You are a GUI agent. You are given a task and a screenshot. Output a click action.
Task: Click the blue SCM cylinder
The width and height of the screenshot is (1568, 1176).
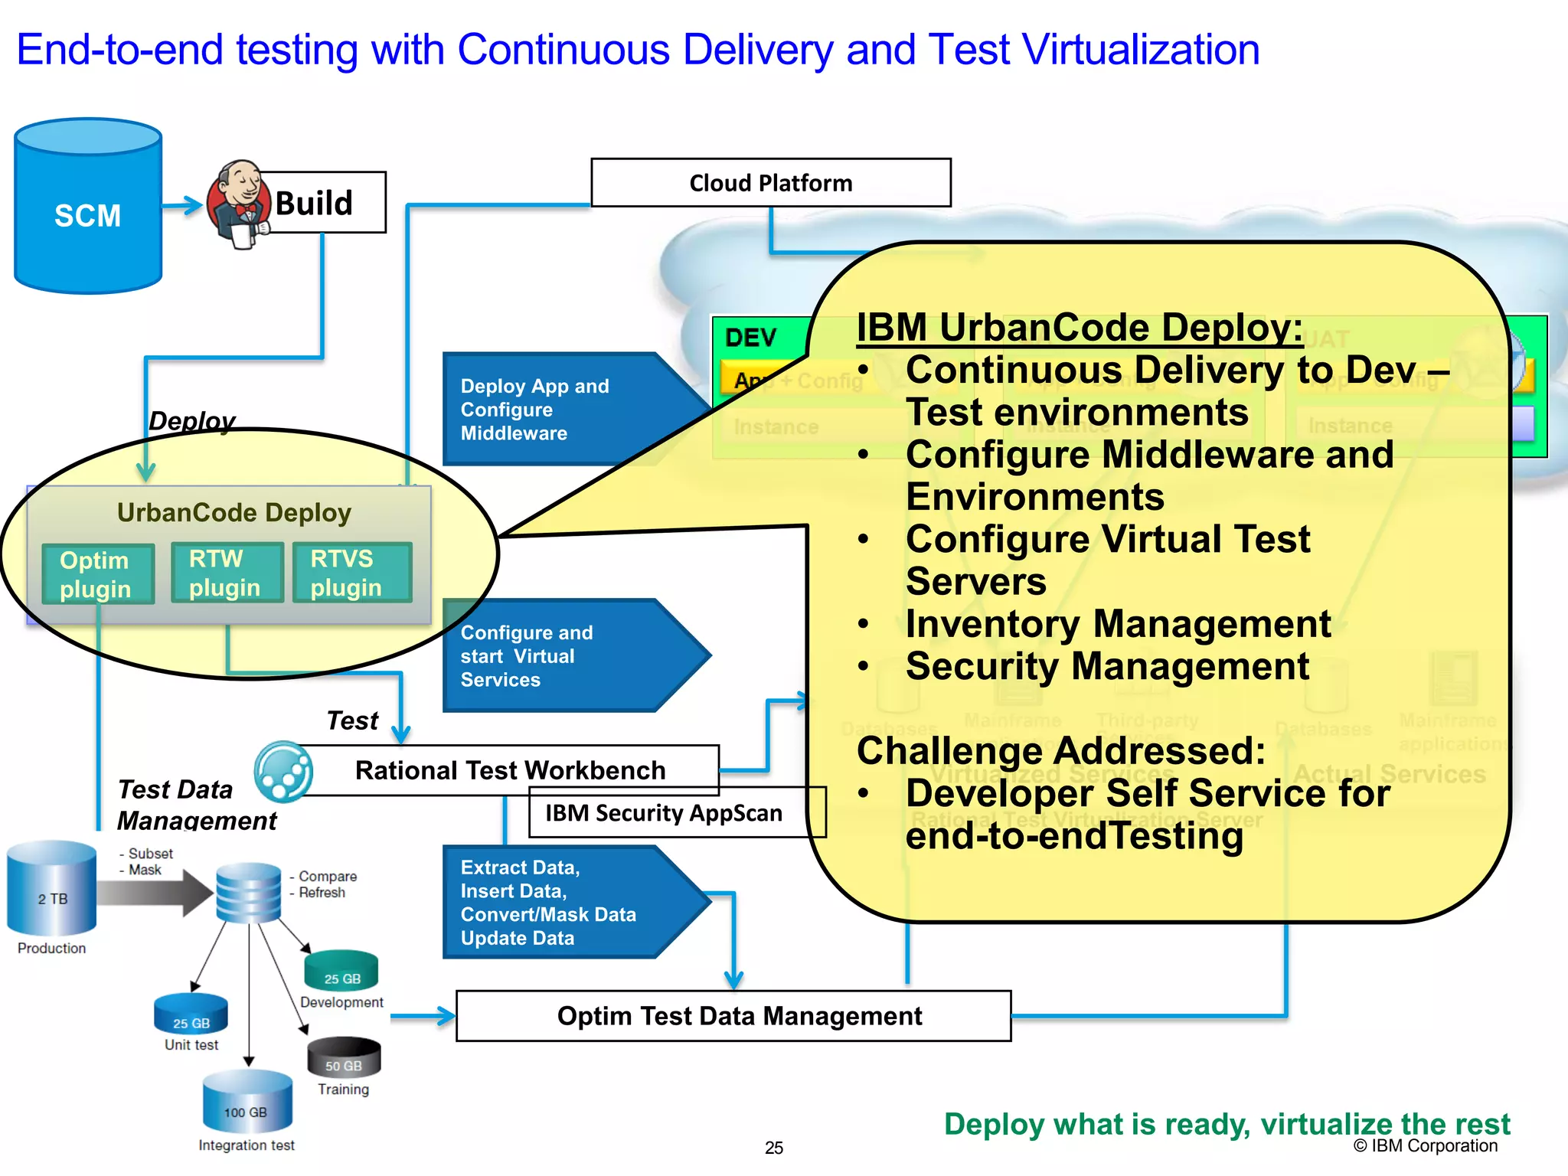click(x=88, y=207)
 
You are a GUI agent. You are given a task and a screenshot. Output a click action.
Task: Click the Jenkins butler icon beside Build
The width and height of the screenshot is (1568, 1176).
click(x=239, y=204)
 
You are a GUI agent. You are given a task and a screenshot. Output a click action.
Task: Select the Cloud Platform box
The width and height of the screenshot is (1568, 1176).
click(x=770, y=183)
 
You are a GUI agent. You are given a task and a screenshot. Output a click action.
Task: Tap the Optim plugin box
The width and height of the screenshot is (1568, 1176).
click(x=97, y=574)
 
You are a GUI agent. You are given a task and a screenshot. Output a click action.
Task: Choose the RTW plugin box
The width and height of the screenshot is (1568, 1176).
click(x=227, y=573)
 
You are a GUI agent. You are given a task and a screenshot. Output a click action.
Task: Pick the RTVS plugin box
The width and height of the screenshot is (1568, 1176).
click(x=351, y=573)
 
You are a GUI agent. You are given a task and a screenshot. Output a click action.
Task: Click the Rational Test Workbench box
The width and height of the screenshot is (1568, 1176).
click(x=510, y=769)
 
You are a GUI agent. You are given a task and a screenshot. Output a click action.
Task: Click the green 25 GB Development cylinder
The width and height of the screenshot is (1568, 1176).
click(x=341, y=972)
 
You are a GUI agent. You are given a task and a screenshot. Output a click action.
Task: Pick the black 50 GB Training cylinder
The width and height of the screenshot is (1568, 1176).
click(x=343, y=1058)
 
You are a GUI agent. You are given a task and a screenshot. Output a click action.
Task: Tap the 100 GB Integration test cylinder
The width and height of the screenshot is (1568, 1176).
click(x=247, y=1102)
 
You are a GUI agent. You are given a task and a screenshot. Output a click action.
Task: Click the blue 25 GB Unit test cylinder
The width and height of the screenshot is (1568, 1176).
click(x=191, y=1014)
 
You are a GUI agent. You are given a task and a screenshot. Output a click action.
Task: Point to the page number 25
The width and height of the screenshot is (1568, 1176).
click(x=774, y=1148)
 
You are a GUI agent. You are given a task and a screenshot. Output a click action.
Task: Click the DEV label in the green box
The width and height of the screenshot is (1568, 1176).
click(x=750, y=338)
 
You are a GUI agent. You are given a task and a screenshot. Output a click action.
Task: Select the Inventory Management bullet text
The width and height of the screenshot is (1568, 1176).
click(x=1118, y=624)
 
